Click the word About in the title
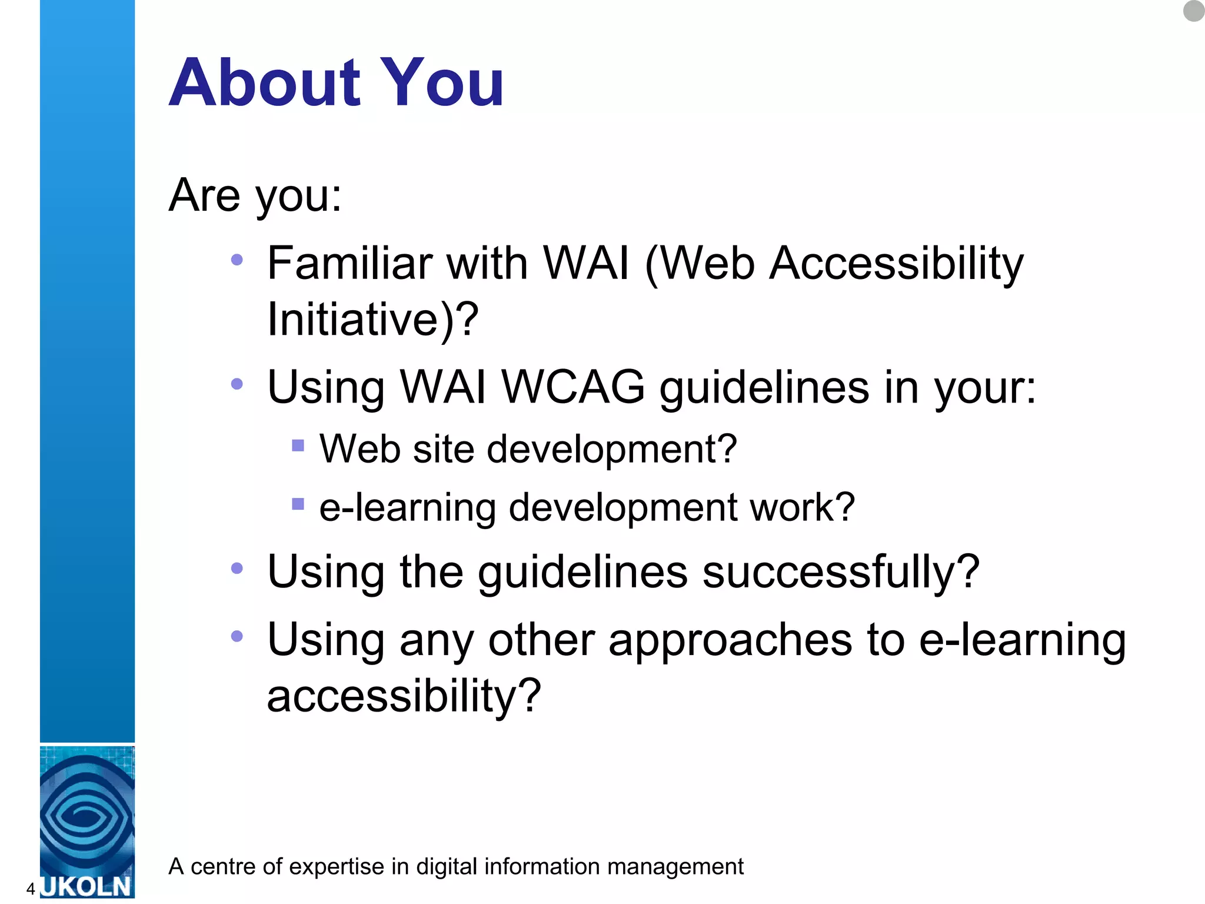[264, 83]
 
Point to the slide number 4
[31, 889]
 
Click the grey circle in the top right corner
[1194, 11]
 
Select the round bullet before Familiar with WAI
[237, 260]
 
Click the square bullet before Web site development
[298, 446]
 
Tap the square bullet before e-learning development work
[298, 504]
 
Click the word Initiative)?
[372, 319]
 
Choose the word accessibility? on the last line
[404, 696]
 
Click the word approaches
[730, 640]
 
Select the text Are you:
[255, 195]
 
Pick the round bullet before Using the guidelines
[237, 568]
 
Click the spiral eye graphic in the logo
[86, 815]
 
